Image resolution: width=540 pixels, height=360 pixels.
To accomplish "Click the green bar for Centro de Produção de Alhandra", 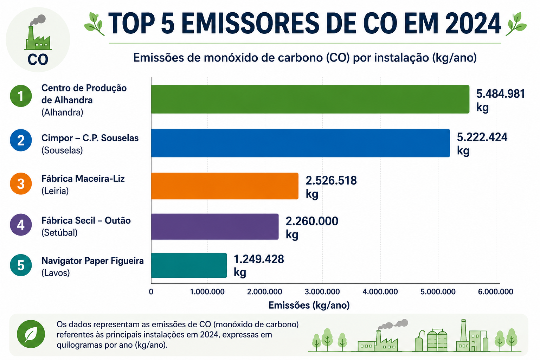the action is click(310, 99).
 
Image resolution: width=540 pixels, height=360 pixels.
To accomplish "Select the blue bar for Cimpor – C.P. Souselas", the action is click(300, 143).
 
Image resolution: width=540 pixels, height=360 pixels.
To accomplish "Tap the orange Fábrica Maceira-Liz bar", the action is click(225, 186).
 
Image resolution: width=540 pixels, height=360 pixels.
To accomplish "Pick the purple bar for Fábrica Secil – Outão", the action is click(215, 226).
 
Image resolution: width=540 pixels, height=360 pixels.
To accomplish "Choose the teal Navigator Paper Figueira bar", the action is click(189, 265).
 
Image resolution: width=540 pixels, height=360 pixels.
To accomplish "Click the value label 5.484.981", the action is click(501, 94).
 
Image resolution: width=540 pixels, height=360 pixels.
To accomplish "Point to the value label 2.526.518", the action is click(331, 180).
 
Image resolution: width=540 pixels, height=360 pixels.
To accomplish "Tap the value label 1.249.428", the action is click(259, 259).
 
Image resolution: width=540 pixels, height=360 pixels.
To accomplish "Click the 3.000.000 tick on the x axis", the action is click(322, 292).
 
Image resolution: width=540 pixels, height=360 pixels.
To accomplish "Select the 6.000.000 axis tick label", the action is click(496, 292).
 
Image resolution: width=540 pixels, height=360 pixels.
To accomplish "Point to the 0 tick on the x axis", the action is click(151, 292).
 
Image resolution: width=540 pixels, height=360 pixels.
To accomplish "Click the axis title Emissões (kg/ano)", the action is click(309, 306).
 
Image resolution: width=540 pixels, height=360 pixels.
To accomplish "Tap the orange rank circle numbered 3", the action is click(21, 184).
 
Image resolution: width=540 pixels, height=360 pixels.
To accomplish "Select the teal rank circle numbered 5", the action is click(21, 265).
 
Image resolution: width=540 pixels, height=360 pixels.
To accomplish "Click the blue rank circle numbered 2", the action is click(21, 140).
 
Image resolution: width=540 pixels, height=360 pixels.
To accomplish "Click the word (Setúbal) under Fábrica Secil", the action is click(59, 233).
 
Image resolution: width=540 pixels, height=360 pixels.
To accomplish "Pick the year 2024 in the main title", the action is click(473, 24).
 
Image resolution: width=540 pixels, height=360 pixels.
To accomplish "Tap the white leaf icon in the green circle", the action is click(31, 334).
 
